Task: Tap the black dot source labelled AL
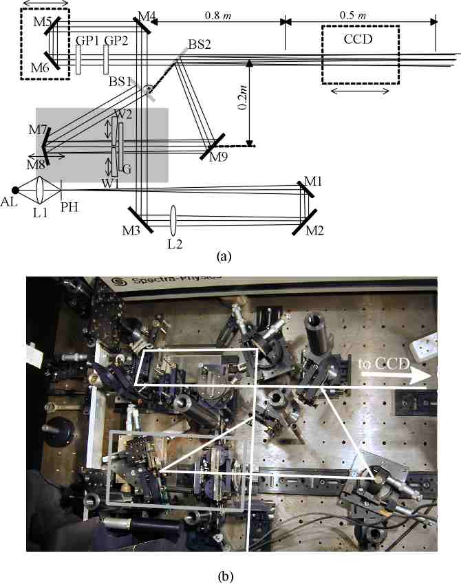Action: point(14,191)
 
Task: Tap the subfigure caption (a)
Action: point(224,256)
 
